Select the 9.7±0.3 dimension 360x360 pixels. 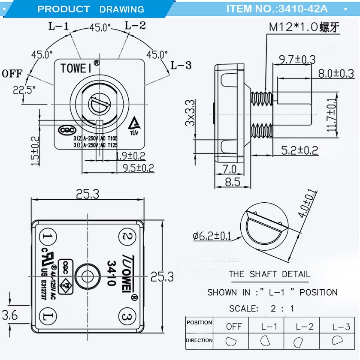click(296, 59)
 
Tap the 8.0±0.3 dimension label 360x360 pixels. click(336, 73)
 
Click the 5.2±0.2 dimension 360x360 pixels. click(299, 150)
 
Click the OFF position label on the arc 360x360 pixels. click(12, 73)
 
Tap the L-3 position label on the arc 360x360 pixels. click(181, 66)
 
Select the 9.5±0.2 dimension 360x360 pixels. click(138, 168)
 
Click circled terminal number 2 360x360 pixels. click(127, 236)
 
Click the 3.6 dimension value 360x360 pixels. click(10, 315)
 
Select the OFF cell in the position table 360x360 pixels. click(234, 326)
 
